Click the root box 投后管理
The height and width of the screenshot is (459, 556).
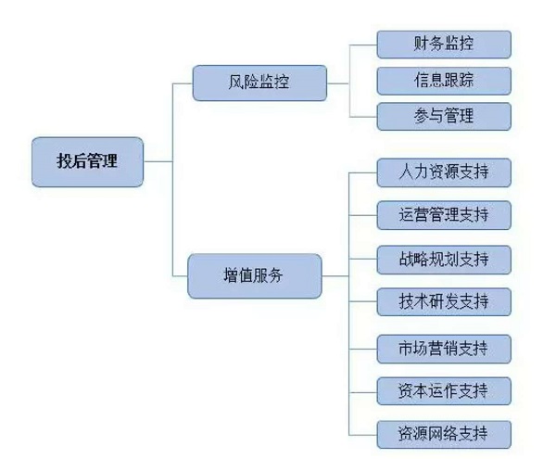click(x=88, y=161)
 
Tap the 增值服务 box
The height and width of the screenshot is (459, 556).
click(x=255, y=276)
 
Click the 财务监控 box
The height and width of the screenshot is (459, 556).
click(x=444, y=44)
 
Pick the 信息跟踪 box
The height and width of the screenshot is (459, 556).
click(x=444, y=80)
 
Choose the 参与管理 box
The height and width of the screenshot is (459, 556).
click(x=444, y=116)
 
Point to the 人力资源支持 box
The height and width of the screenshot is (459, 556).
click(x=444, y=172)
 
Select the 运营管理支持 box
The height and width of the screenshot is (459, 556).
click(x=444, y=216)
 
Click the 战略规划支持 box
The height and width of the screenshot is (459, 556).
click(x=444, y=260)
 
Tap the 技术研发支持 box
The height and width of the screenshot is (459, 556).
click(x=444, y=302)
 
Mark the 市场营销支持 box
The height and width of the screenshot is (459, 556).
click(x=444, y=349)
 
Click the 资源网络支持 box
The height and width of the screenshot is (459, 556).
click(x=444, y=433)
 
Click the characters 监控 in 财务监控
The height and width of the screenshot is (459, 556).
click(x=459, y=44)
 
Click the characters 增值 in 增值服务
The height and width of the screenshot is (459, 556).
click(x=239, y=276)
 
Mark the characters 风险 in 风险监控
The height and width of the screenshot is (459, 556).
click(x=241, y=83)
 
